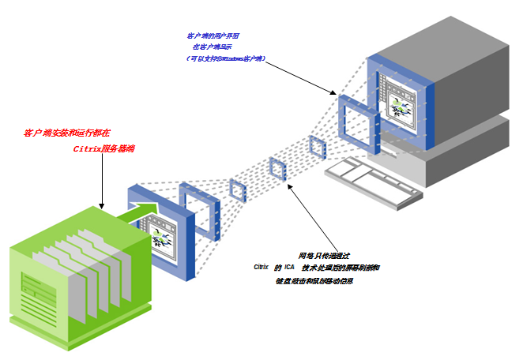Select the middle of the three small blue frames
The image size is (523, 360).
(x=277, y=170)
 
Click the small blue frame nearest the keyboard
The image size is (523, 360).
(x=317, y=147)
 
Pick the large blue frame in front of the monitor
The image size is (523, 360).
(x=359, y=119)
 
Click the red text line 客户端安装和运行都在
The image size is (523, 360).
(x=67, y=133)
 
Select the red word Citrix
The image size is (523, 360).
(x=86, y=148)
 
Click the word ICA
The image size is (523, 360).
(x=289, y=268)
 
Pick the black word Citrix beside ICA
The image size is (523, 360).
(x=261, y=268)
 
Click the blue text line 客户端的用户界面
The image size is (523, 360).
(x=213, y=36)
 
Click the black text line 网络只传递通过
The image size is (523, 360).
(x=322, y=256)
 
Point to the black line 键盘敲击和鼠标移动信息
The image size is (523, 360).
(x=314, y=281)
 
